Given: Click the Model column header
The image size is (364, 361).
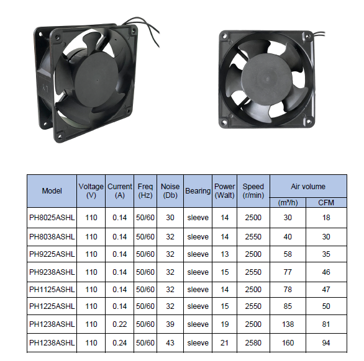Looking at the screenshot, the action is pyautogui.click(x=52, y=191).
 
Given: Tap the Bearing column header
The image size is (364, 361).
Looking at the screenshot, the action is pyautogui.click(x=198, y=191).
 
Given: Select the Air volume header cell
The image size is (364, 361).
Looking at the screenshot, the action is pyautogui.click(x=308, y=187).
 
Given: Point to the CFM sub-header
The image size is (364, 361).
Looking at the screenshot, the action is pyautogui.click(x=326, y=203).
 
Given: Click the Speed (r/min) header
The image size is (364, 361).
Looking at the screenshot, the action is pyautogui.click(x=253, y=191).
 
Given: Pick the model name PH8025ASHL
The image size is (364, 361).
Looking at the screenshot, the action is pyautogui.click(x=52, y=218).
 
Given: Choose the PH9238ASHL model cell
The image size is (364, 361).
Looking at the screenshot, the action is pyautogui.click(x=52, y=272).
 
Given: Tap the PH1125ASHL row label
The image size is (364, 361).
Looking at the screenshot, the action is pyautogui.click(x=52, y=289).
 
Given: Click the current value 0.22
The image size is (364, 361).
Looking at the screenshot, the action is pyautogui.click(x=119, y=324).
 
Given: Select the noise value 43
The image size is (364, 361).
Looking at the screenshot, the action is pyautogui.click(x=170, y=342).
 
